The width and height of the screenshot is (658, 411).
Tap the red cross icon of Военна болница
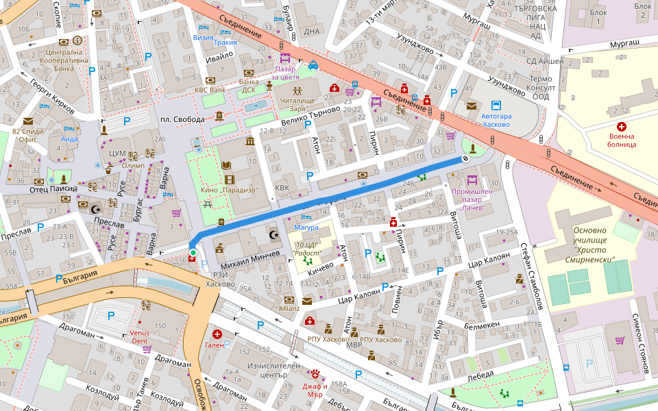coord(622,127)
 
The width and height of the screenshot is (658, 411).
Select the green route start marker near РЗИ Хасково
coord(193,253)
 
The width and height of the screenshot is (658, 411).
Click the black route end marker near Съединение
coord(465,159)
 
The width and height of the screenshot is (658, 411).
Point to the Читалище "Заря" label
coord(297,105)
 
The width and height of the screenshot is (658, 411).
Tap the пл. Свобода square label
coord(182,120)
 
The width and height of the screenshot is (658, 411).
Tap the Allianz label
coord(289,308)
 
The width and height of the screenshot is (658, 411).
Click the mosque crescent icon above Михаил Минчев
coord(275,235)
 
